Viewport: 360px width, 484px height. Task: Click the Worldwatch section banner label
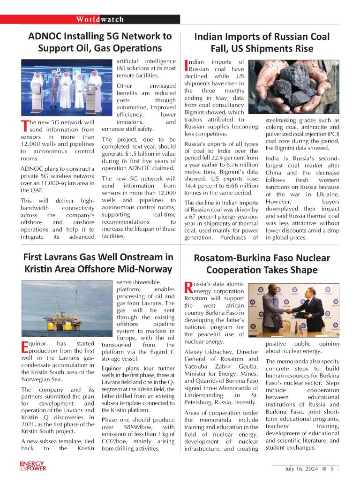click(100, 19)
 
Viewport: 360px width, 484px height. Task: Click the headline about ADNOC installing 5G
click(100, 42)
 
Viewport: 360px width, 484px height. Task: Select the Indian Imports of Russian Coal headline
click(262, 42)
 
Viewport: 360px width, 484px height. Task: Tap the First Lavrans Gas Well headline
click(98, 264)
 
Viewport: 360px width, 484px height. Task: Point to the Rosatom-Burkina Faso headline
click(262, 264)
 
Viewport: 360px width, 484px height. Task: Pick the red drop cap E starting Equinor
click(25, 347)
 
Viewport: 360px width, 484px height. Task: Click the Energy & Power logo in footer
click(33, 467)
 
